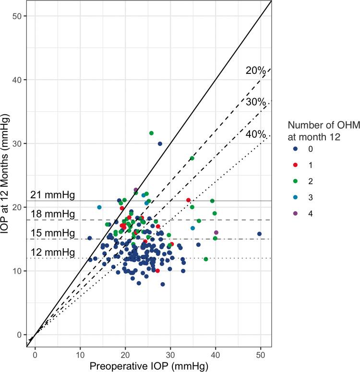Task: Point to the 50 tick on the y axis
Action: pyautogui.click(x=22, y=16)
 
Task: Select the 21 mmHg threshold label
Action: pyautogui.click(x=52, y=195)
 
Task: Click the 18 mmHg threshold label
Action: pyautogui.click(x=52, y=214)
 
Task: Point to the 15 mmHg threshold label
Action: pyautogui.click(x=52, y=233)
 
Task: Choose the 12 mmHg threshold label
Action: pyautogui.click(x=52, y=252)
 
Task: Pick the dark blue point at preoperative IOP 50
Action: pyautogui.click(x=259, y=234)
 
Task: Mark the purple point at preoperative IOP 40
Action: pyautogui.click(x=216, y=232)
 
